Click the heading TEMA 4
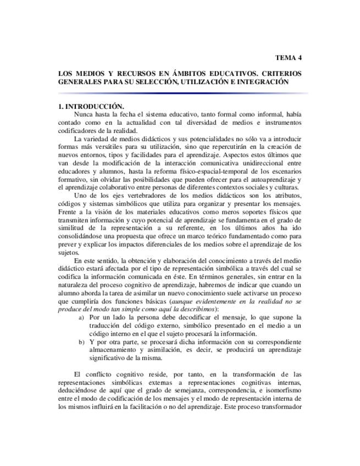coord(288,57)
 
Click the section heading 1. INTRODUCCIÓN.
coord(91,106)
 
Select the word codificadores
coord(78,130)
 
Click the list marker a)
coord(82,318)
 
